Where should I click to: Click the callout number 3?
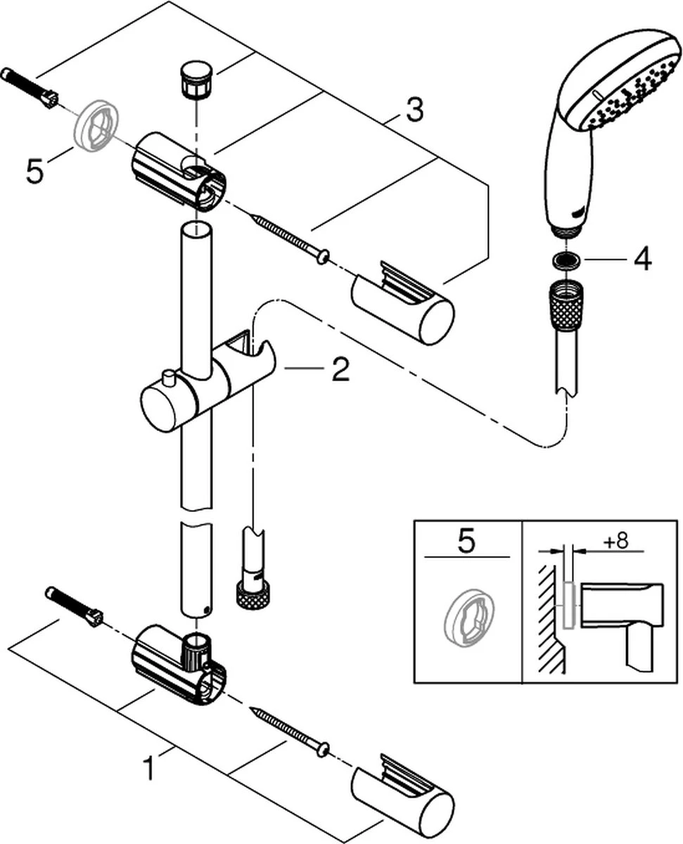(x=414, y=110)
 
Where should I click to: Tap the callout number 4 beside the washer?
(x=641, y=260)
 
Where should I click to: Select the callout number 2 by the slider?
(x=340, y=369)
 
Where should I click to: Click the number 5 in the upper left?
(x=34, y=171)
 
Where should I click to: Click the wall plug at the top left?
(x=29, y=87)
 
